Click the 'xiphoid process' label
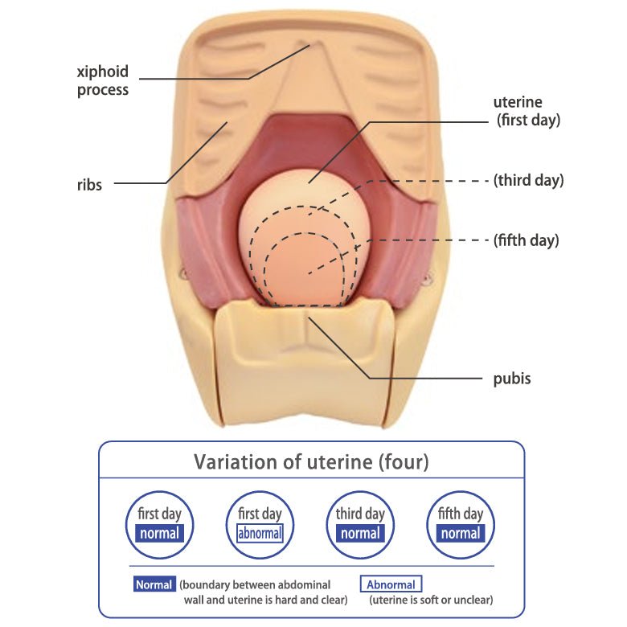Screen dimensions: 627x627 pyautogui.click(x=103, y=80)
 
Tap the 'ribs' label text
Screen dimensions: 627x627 pyautogui.click(x=89, y=186)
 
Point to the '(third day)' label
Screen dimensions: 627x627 pyautogui.click(x=528, y=180)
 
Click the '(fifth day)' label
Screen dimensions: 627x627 pyautogui.click(x=527, y=240)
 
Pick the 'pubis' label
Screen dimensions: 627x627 pyautogui.click(x=512, y=378)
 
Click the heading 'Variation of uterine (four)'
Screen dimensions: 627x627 pyautogui.click(x=311, y=463)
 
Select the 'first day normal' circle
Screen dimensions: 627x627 pyautogui.click(x=159, y=524)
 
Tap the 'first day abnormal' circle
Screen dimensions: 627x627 pyautogui.click(x=260, y=524)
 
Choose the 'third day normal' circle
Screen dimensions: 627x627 pyautogui.click(x=360, y=524)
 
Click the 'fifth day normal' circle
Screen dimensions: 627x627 pyautogui.click(x=461, y=524)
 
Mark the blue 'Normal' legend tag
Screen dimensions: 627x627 pyautogui.click(x=154, y=584)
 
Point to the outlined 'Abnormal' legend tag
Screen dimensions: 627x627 pyautogui.click(x=391, y=584)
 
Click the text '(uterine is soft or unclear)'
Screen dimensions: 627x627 pyautogui.click(x=431, y=600)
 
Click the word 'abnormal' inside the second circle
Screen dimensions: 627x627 pyautogui.click(x=260, y=533)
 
